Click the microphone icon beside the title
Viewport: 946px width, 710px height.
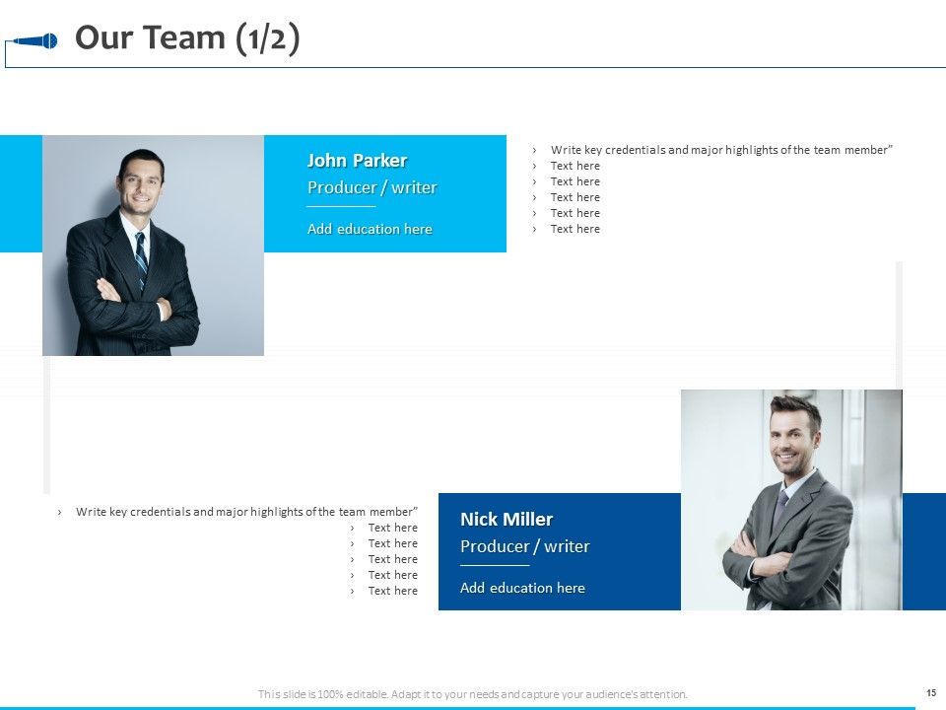tap(37, 41)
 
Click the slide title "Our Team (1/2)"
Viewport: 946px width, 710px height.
tap(187, 37)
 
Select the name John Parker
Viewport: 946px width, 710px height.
tap(357, 161)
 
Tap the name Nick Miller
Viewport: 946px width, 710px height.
tap(507, 520)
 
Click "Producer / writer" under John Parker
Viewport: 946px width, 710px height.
tap(372, 187)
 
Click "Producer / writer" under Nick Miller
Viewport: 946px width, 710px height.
tap(524, 546)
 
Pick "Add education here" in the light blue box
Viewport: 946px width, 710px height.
tap(370, 229)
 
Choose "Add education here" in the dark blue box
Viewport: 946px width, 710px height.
tap(522, 588)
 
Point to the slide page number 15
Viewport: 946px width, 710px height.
tap(930, 693)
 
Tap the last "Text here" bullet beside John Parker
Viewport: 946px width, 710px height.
tap(574, 229)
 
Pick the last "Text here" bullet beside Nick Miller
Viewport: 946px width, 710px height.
tap(392, 591)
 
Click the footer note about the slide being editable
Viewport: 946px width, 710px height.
tap(473, 694)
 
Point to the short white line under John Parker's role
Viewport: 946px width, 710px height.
tap(341, 207)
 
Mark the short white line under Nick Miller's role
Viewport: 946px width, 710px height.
tap(495, 566)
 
